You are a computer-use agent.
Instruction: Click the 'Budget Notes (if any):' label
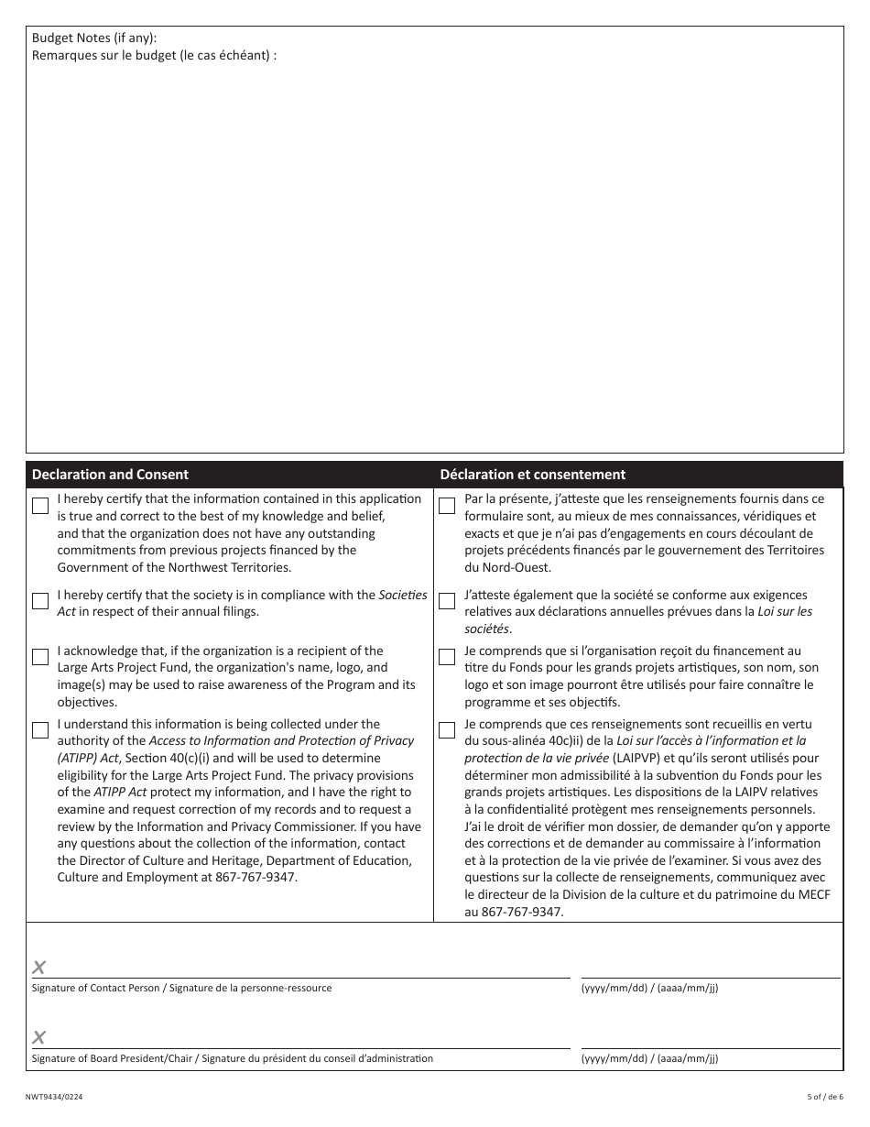[94, 38]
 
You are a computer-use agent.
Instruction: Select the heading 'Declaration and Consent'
[110, 475]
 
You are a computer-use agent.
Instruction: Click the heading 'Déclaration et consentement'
[533, 475]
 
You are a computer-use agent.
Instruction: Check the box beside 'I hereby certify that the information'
[40, 506]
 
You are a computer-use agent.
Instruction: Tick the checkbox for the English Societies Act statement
[40, 601]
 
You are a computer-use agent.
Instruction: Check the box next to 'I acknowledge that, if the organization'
[40, 657]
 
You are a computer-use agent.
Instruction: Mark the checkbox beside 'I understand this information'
[40, 730]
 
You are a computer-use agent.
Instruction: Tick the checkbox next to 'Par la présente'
[447, 506]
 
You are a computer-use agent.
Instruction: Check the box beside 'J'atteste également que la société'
[447, 601]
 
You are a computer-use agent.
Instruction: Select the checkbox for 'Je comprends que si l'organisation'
[447, 657]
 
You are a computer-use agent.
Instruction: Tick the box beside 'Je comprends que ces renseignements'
[447, 730]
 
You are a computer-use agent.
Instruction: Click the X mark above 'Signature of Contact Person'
[39, 968]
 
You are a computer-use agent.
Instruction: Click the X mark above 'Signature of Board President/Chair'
[39, 1037]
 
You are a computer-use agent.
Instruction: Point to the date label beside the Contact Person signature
[649, 989]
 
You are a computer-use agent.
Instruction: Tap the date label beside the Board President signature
[649, 1059]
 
